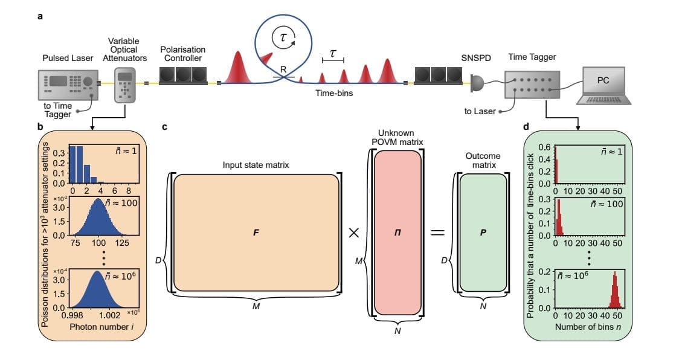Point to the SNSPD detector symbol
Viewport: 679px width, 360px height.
(477, 83)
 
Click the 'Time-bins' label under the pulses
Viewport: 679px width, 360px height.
(334, 94)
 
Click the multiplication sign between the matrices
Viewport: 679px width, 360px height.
(354, 234)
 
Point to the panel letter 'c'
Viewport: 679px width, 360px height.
(165, 128)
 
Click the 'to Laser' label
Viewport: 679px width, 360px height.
(480, 111)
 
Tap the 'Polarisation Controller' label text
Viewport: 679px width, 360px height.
(182, 54)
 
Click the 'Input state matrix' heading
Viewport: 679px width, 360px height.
(256, 164)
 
